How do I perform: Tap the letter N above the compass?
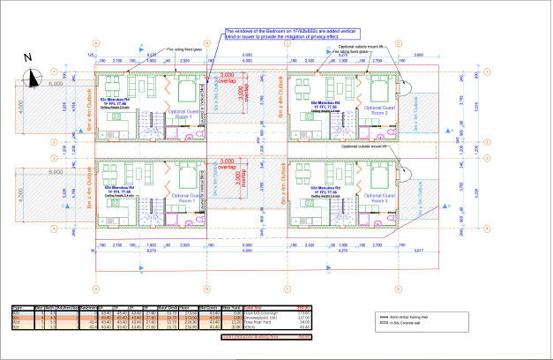click(28, 59)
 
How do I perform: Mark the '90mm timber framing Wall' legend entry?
click(415, 314)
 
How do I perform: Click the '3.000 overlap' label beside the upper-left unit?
click(228, 77)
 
